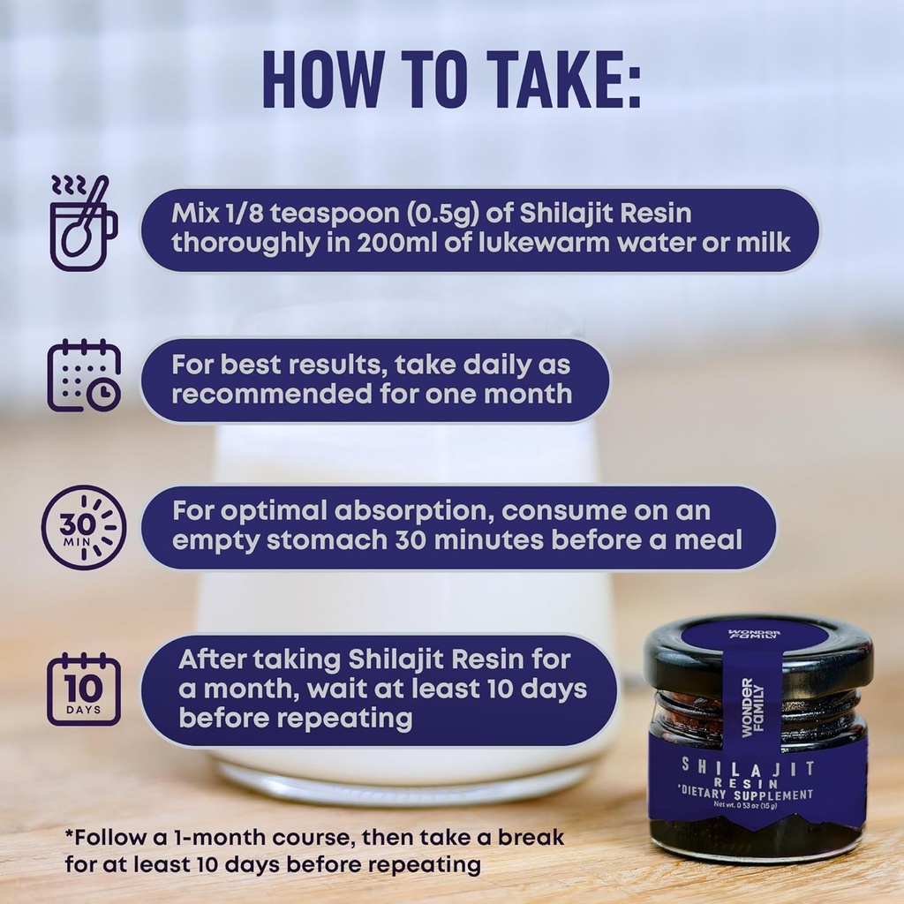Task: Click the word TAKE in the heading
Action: point(556,81)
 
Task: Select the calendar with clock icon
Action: point(84,375)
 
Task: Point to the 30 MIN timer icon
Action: point(84,528)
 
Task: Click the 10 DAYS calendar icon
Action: point(84,689)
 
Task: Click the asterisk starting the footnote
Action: point(69,833)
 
